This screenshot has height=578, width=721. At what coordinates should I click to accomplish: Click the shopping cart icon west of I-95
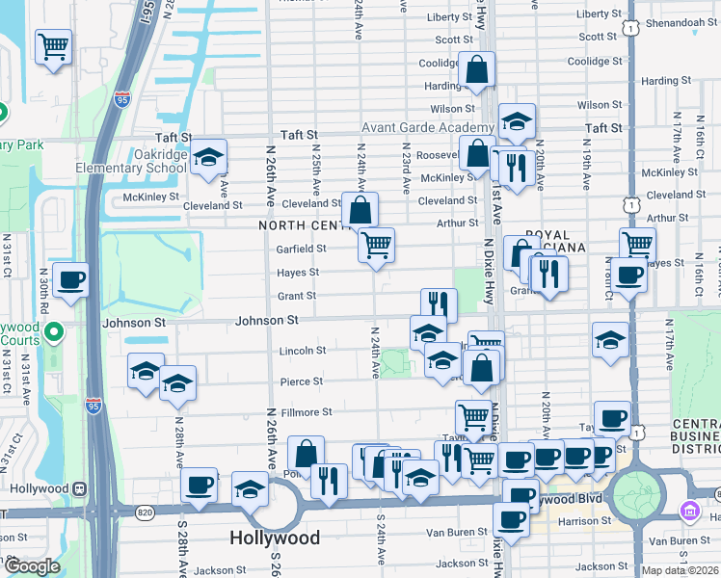point(54,45)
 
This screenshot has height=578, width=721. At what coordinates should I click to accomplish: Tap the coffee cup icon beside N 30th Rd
point(71,280)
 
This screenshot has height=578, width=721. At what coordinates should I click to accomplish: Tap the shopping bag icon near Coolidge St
point(477,69)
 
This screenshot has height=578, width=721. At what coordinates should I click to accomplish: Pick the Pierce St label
point(301,381)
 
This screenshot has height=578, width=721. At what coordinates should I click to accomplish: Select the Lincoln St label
point(302,351)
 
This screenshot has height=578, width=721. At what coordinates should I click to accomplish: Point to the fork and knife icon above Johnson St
point(439,304)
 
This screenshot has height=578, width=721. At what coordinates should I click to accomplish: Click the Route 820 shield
point(145,511)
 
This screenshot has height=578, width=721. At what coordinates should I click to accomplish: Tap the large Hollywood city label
point(276,537)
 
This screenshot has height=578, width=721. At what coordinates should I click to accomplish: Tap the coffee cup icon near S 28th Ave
point(200,485)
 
